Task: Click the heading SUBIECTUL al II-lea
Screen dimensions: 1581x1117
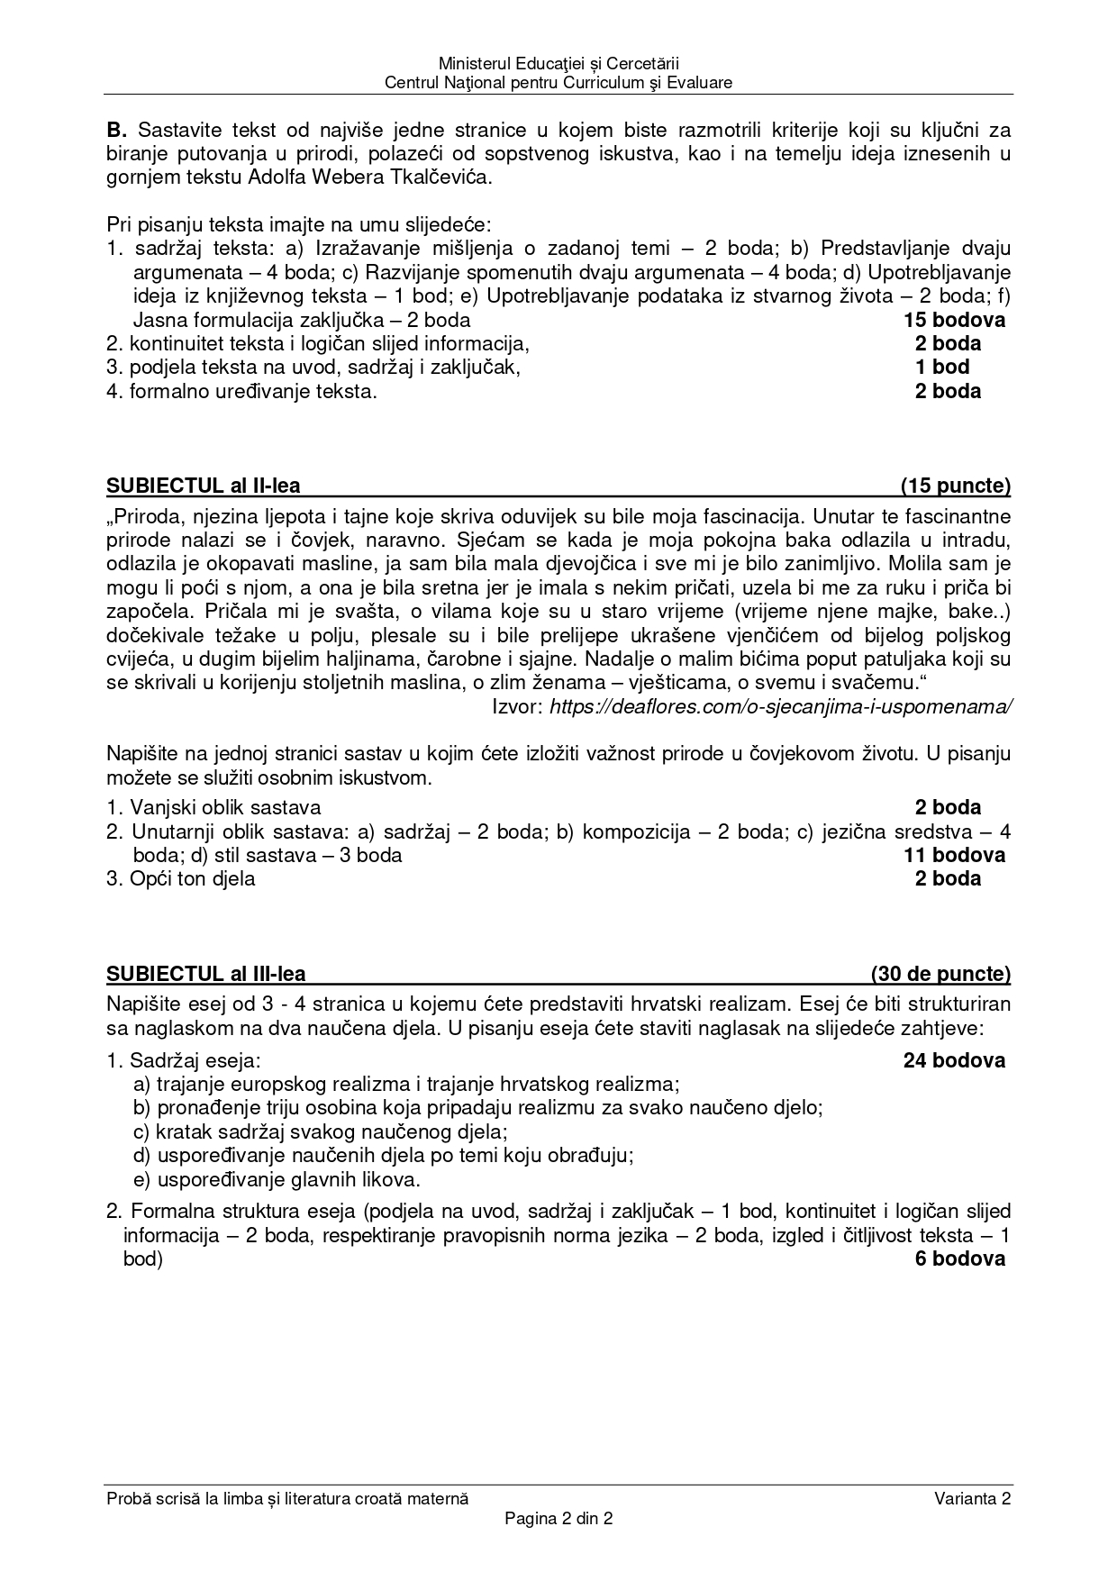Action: point(203,486)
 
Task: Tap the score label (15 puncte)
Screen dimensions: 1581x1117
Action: point(956,486)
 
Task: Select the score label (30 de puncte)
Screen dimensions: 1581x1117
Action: point(940,974)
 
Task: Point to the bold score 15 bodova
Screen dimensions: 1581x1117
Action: point(955,320)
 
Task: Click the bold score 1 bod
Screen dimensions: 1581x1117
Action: point(942,368)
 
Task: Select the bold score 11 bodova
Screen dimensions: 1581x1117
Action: point(955,855)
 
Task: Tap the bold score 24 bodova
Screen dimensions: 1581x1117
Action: point(955,1061)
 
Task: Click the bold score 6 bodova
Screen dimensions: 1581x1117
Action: point(960,1259)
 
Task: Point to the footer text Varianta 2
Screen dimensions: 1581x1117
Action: point(973,1499)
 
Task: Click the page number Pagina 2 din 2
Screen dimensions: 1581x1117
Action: point(558,1518)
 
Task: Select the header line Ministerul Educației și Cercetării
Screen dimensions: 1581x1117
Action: point(558,64)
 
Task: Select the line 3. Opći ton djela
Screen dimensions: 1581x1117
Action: point(180,879)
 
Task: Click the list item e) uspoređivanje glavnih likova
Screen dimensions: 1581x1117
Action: point(277,1180)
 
